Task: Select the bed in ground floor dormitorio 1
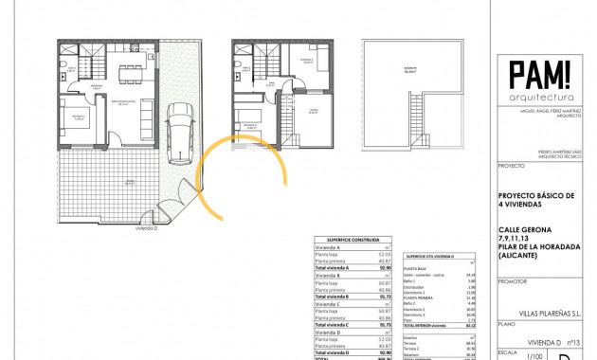click(76, 120)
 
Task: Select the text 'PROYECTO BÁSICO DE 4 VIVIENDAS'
click(537, 202)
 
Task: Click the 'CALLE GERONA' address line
click(523, 225)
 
